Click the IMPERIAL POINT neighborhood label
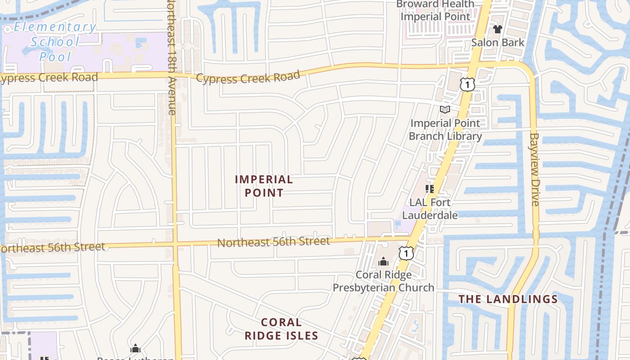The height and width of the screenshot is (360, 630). (x=264, y=186)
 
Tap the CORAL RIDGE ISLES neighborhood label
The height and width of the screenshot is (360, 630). (x=281, y=329)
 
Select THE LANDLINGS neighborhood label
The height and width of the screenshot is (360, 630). (x=508, y=299)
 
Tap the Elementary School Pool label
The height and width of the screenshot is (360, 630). (x=55, y=42)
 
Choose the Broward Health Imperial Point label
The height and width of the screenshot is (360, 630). (x=435, y=10)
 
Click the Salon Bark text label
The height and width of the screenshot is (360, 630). (x=498, y=42)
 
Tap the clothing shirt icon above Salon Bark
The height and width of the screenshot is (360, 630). (x=497, y=29)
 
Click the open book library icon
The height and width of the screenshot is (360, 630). (x=445, y=109)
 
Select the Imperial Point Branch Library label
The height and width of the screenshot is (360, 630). (x=445, y=129)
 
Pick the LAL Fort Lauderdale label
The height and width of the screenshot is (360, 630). (x=430, y=209)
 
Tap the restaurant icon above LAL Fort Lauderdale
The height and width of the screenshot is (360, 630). (x=430, y=189)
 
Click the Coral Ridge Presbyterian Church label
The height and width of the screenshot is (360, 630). (x=383, y=281)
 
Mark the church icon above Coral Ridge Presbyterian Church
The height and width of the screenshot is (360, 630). (x=383, y=261)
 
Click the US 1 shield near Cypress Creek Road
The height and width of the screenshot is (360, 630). (x=467, y=84)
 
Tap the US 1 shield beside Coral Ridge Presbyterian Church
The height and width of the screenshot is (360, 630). (x=406, y=253)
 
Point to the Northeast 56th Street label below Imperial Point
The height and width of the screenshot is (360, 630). (x=274, y=242)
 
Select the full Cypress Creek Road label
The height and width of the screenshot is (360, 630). (x=248, y=77)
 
